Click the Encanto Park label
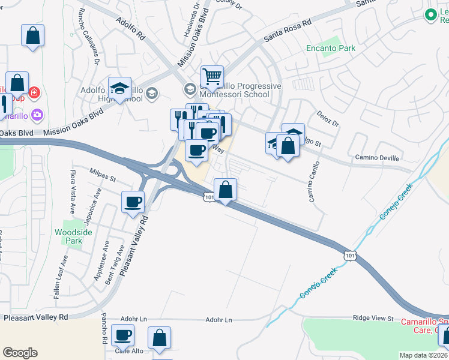click(x=330, y=49)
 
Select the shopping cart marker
click(x=212, y=77)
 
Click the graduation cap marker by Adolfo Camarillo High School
click(x=120, y=88)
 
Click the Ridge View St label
click(x=373, y=319)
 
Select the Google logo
click(x=20, y=353)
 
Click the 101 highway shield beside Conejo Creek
click(x=351, y=256)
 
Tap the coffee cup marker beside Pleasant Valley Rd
click(x=133, y=202)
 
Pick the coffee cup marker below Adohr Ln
click(x=123, y=337)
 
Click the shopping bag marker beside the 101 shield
click(x=225, y=190)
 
